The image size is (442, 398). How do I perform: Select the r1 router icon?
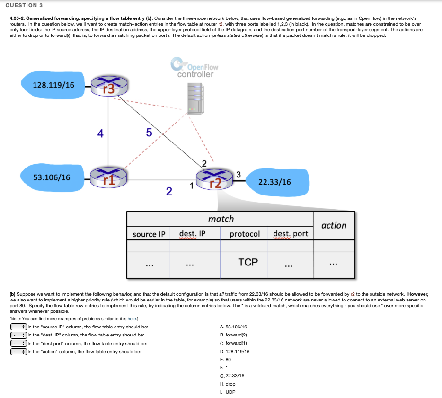(108, 177)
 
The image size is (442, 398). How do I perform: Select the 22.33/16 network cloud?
(275, 182)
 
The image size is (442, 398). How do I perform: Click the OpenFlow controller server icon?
(194, 98)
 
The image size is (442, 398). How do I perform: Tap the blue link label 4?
(100, 133)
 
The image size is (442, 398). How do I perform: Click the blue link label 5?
(149, 133)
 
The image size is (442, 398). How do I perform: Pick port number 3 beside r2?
(238, 175)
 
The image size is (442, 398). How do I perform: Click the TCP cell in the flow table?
(248, 262)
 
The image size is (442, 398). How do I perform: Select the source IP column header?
(149, 234)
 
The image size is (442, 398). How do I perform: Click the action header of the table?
(334, 225)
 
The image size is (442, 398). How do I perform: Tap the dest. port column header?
(291, 234)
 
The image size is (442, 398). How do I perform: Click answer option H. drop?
(228, 384)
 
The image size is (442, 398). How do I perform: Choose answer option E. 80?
(225, 359)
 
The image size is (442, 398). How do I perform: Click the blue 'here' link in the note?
(132, 318)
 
